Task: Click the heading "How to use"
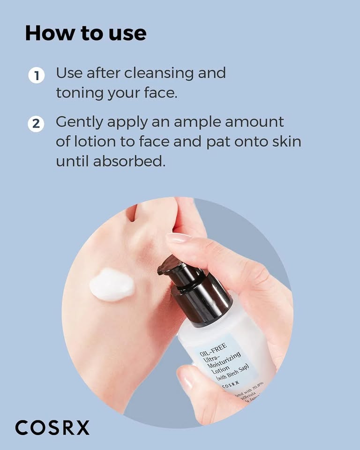(85, 33)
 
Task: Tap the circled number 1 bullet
(36, 75)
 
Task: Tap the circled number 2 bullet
(36, 124)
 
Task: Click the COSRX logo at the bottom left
(52, 427)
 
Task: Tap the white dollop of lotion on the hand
(112, 284)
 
